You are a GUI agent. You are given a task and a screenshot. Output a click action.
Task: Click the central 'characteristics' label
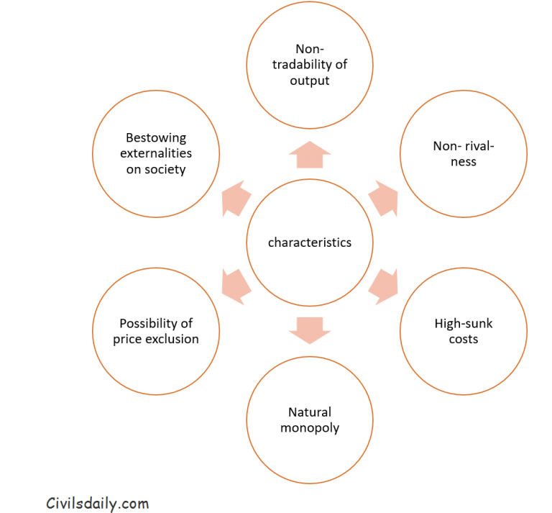310,242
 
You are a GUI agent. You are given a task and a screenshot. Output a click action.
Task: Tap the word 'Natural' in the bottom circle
310,412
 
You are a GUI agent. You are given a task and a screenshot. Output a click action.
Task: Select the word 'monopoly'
310,428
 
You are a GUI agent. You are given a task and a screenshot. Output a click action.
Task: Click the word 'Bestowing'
156,137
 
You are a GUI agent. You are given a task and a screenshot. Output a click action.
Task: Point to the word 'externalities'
156,153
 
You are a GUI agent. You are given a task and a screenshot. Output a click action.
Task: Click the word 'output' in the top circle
310,81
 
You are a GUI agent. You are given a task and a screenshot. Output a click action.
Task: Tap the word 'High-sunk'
464,323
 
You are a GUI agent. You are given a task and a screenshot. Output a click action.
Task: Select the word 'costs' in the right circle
464,339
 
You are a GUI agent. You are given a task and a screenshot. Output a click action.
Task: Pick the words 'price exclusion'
156,339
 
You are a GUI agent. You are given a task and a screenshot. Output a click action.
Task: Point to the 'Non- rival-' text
464,146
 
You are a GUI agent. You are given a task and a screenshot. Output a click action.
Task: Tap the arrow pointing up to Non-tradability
310,155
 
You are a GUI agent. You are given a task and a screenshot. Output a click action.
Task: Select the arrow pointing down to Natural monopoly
310,330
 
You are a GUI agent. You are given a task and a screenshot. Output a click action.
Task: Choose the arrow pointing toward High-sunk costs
383,286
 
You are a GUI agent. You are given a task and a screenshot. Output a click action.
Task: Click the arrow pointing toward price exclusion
236,286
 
